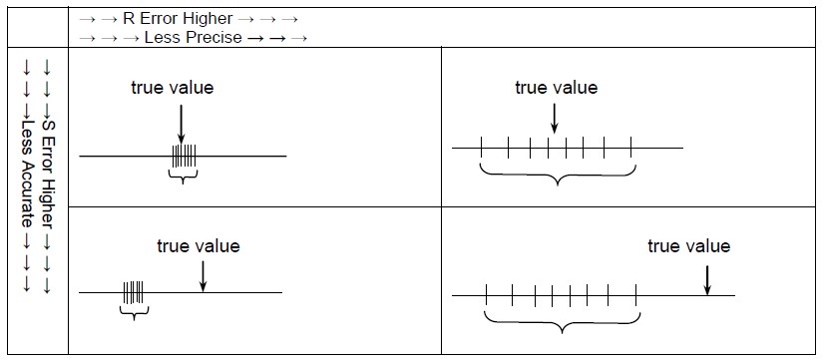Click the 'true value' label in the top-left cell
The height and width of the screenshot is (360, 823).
pos(173,88)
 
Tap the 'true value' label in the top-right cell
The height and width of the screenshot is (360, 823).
pos(556,88)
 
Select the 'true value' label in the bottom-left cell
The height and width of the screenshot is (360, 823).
pos(199,245)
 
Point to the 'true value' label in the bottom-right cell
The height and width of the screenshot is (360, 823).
pos(688,245)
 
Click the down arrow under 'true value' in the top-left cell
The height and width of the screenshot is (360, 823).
pos(181,122)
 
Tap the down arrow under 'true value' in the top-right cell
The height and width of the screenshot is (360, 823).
pos(554,117)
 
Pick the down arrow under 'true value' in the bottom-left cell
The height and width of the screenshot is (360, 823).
pos(203,275)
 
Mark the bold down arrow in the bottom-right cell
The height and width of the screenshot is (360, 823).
pos(706,278)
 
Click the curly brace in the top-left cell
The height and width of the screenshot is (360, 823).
pos(184,176)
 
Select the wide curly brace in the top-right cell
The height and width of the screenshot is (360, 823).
pos(557,177)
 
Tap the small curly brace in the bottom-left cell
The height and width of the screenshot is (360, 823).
pos(134,312)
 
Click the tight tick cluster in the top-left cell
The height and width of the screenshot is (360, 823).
pos(184,156)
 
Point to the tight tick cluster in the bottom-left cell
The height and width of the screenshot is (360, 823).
pos(133,292)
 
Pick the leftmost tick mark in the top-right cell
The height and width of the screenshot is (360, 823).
pos(482,149)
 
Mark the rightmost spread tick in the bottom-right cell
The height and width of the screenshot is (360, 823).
pos(635,295)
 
